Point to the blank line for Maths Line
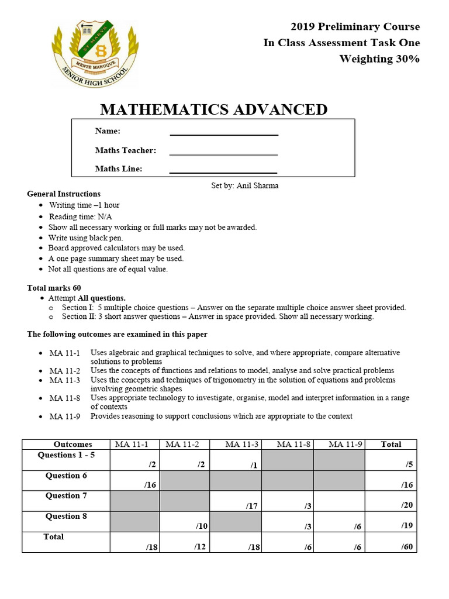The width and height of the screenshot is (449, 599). [x=223, y=169]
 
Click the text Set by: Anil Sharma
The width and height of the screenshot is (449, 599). [x=244, y=185]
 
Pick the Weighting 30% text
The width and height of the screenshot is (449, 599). [x=379, y=58]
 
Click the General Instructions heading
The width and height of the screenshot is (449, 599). [x=64, y=194]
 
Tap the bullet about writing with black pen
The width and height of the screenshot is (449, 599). [x=85, y=237]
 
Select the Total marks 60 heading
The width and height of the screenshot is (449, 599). [x=54, y=288]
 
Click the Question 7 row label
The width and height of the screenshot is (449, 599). [x=65, y=495]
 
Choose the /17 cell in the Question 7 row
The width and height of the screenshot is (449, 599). [x=252, y=505]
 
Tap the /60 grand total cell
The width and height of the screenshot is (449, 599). [x=407, y=547]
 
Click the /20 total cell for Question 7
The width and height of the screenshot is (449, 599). [x=407, y=505]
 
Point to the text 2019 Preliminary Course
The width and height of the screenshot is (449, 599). [x=355, y=27]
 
